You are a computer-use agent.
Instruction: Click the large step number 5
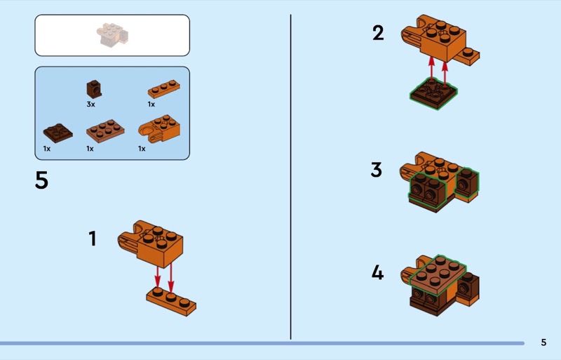(x=41, y=180)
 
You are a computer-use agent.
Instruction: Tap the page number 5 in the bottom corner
(x=543, y=342)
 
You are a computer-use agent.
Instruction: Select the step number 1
(x=93, y=238)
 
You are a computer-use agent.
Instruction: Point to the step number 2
(x=378, y=33)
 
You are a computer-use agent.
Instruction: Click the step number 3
(x=377, y=170)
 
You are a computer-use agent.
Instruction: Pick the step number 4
(x=377, y=272)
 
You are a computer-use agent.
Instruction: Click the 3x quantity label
(x=91, y=105)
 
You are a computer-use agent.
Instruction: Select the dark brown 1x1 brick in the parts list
(x=94, y=89)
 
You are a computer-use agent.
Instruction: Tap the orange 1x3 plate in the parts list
(x=164, y=89)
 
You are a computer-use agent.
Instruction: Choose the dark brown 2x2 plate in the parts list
(x=58, y=133)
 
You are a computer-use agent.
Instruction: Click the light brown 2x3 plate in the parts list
(x=105, y=131)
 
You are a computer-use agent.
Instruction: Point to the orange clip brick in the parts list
(x=159, y=128)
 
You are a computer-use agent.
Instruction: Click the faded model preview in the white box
(x=112, y=35)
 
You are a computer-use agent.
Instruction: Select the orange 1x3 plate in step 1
(x=171, y=302)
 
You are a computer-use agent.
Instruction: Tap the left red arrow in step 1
(x=157, y=276)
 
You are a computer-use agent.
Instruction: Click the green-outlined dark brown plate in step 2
(x=433, y=93)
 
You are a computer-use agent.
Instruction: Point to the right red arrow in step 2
(x=445, y=74)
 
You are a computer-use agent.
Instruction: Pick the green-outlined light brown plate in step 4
(x=438, y=275)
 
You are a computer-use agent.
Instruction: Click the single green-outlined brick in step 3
(x=467, y=182)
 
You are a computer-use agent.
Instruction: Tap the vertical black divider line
(x=290, y=177)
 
